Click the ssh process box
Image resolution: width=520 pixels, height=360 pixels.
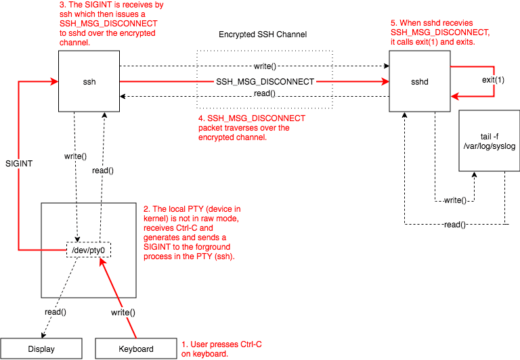tap(88, 81)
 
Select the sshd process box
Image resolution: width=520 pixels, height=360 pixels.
tap(420, 81)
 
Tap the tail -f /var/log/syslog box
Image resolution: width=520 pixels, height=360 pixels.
tap(489, 140)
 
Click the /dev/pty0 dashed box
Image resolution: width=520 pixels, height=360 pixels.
tap(89, 250)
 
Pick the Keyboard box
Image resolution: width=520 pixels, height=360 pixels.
tap(135, 349)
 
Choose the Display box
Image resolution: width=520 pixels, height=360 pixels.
tap(41, 349)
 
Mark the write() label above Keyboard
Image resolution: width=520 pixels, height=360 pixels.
tap(123, 313)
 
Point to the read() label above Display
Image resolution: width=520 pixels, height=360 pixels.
tap(55, 311)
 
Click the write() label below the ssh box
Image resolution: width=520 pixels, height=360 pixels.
tap(75, 156)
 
